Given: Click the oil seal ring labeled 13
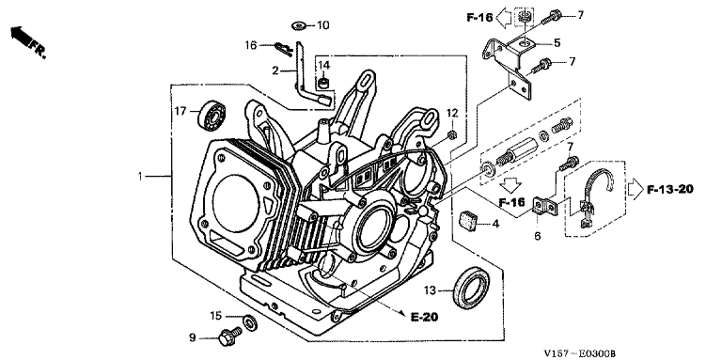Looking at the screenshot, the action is tap(472, 287).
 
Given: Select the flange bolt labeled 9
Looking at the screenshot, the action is tap(229, 337).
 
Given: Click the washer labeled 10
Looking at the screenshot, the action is tap(300, 25).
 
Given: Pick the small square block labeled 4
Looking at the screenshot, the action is tap(470, 219).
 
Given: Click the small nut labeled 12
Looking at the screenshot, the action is tap(452, 134).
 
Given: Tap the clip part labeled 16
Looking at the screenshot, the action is tap(282, 48).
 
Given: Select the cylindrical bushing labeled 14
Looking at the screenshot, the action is tap(324, 84).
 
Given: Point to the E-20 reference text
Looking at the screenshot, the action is tap(424, 317).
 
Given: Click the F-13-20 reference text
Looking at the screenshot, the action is tap(670, 189).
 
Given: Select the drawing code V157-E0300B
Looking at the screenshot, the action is tap(579, 353).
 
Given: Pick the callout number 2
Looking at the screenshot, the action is tap(275, 70).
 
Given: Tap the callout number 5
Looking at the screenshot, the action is tap(557, 43).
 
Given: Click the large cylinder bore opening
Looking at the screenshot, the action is tap(236, 201).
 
